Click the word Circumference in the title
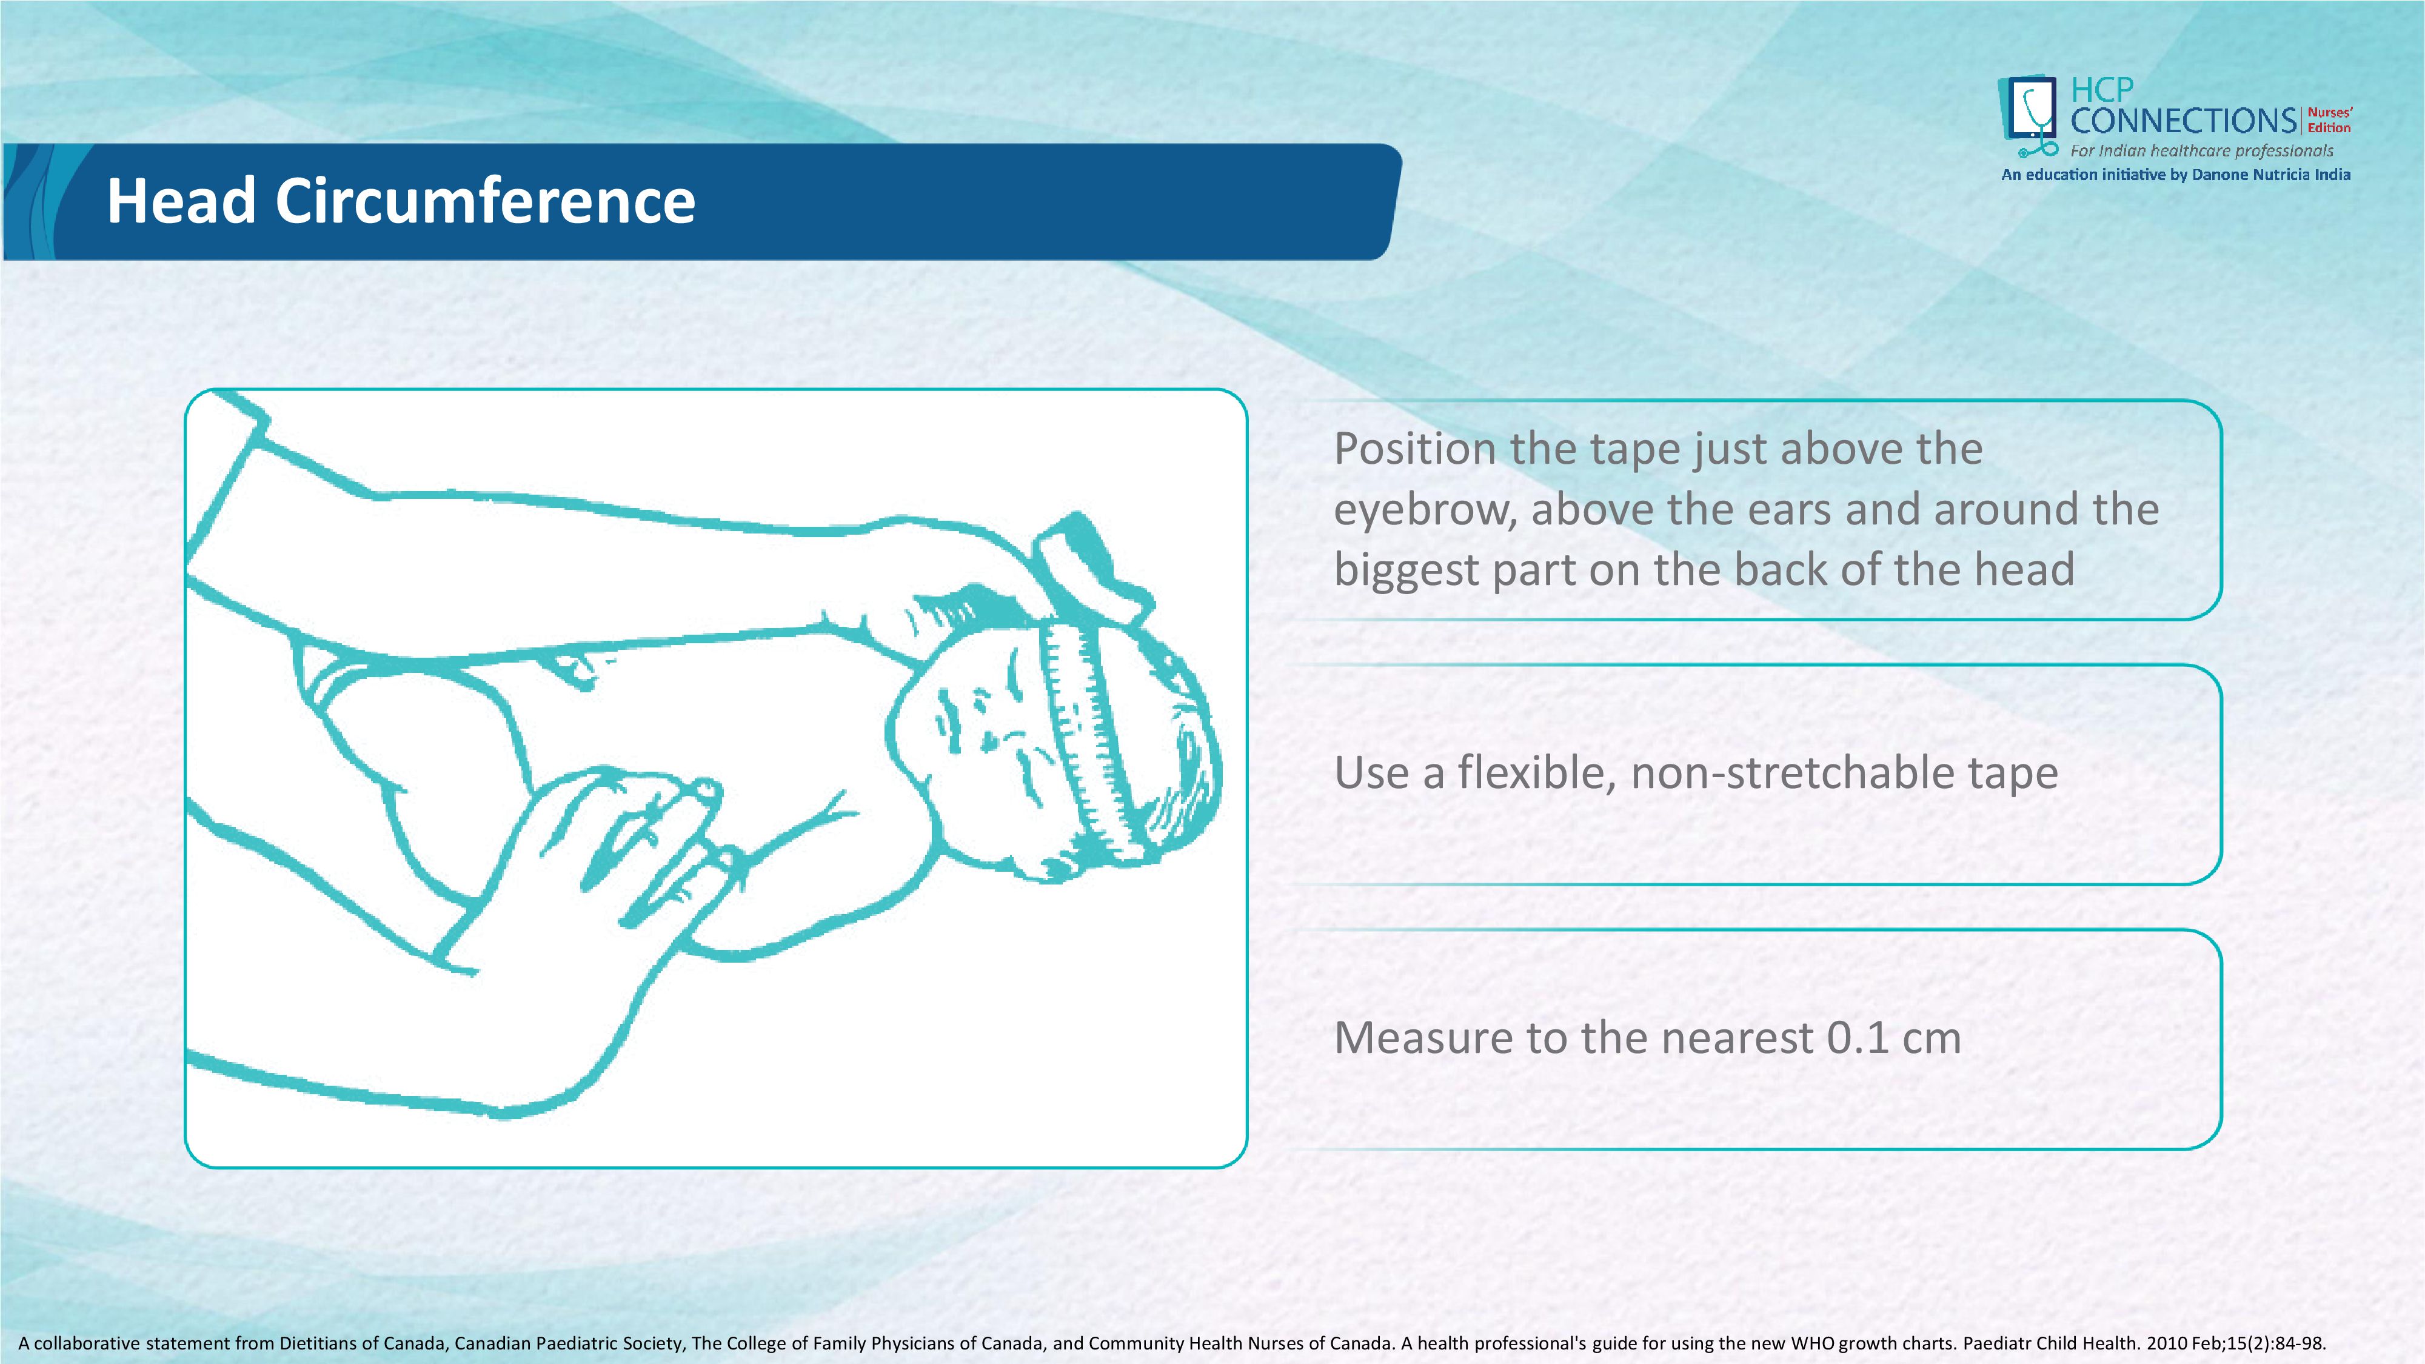[x=485, y=201]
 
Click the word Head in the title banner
[x=181, y=201]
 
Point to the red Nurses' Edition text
[x=2330, y=121]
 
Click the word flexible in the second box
[x=1536, y=773]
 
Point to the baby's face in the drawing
[x=979, y=744]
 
